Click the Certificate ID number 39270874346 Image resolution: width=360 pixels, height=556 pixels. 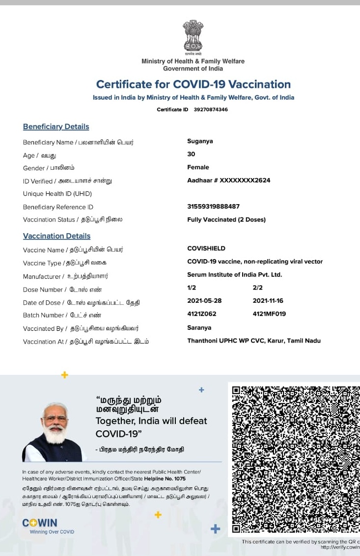pyautogui.click(x=207, y=109)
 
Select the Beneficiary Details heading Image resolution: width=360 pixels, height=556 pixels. pyautogui.click(x=56, y=127)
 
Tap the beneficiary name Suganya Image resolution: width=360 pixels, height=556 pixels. pyautogui.click(x=200, y=141)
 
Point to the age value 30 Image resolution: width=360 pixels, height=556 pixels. pyautogui.click(x=191, y=154)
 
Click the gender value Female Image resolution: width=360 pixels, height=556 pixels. pyautogui.click(x=198, y=167)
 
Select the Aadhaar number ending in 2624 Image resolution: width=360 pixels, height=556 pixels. pyautogui.click(x=228, y=180)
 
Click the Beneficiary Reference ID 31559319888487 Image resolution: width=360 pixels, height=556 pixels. pyautogui.click(x=213, y=207)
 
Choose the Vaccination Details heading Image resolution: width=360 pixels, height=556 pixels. pyautogui.click(x=56, y=236)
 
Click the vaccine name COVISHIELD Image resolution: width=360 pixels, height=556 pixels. pyautogui.click(x=206, y=248)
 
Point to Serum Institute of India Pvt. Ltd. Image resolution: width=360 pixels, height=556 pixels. pyautogui.click(x=234, y=275)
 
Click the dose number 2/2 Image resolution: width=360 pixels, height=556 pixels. pyautogui.click(x=257, y=288)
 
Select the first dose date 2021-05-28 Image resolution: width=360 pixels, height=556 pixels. pyautogui.click(x=204, y=301)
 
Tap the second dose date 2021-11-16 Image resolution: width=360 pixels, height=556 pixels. pyautogui.click(x=268, y=301)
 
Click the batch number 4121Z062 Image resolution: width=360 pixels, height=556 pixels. pyautogui.click(x=201, y=314)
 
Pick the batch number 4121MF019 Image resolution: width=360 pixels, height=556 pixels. pyautogui.click(x=269, y=314)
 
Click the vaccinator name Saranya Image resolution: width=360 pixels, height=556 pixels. pyautogui.click(x=199, y=327)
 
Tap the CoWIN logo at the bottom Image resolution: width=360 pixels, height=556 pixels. pyautogui.click(x=40, y=523)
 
